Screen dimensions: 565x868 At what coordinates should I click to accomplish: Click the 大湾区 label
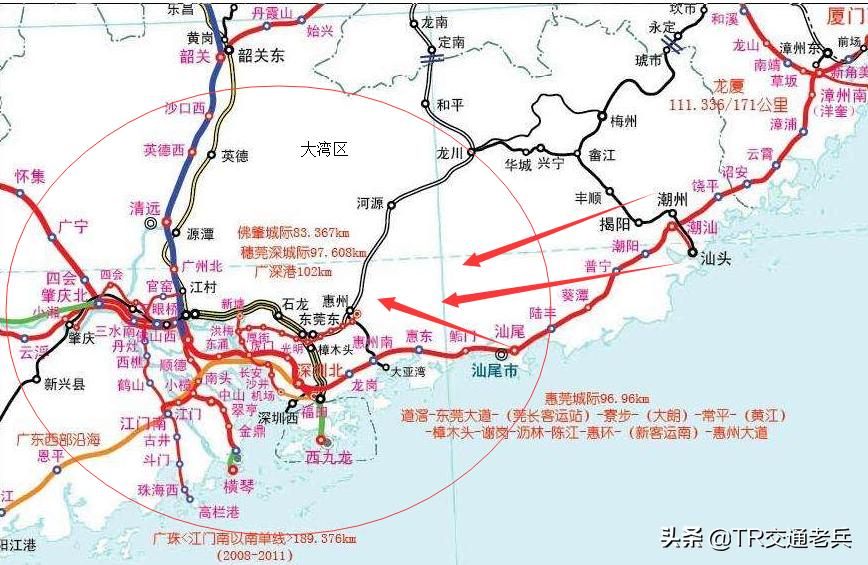[324, 149]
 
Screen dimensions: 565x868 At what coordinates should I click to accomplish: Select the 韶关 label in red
[195, 56]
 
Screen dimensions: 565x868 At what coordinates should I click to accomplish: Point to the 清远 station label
[145, 208]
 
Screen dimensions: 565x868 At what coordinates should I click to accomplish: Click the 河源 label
[370, 203]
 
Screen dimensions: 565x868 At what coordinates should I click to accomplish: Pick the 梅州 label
[624, 121]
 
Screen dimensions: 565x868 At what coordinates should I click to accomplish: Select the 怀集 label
[30, 176]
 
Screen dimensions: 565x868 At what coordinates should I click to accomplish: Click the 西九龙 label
[329, 458]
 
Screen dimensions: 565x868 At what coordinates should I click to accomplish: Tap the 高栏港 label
[219, 511]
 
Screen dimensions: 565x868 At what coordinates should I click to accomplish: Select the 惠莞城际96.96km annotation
[597, 398]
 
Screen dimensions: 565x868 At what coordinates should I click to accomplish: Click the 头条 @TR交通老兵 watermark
[755, 537]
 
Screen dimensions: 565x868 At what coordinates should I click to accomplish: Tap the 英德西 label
[164, 150]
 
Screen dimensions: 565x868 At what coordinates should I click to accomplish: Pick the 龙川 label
[451, 153]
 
